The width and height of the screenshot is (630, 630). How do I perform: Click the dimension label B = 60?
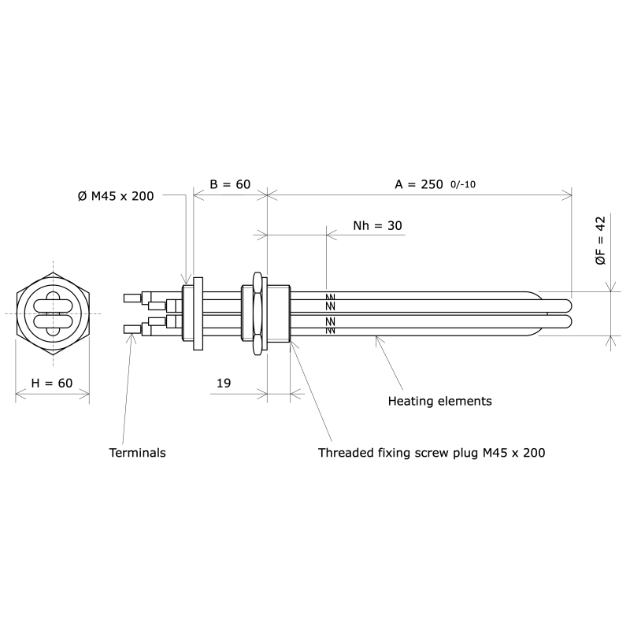(x=229, y=184)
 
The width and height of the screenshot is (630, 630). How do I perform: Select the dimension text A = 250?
(x=417, y=184)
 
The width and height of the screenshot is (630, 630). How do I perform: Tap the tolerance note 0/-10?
(x=462, y=185)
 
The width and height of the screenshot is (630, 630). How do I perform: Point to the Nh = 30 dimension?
(x=377, y=225)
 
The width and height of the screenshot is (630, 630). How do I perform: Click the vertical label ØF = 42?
(x=600, y=240)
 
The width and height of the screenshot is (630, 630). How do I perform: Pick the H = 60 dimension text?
(x=52, y=383)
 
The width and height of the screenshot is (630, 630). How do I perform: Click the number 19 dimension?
(x=223, y=383)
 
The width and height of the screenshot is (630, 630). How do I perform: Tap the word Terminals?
(x=137, y=453)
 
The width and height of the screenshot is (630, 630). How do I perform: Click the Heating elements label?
(x=439, y=401)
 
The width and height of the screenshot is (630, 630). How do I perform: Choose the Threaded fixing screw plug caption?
(x=432, y=453)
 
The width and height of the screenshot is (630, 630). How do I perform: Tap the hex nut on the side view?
(x=257, y=313)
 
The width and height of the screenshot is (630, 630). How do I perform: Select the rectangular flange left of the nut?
(x=197, y=313)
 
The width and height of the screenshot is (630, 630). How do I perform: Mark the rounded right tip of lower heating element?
(x=569, y=322)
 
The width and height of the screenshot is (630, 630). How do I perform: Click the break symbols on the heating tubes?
(x=330, y=313)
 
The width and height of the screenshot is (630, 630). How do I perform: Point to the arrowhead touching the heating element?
(x=378, y=337)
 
